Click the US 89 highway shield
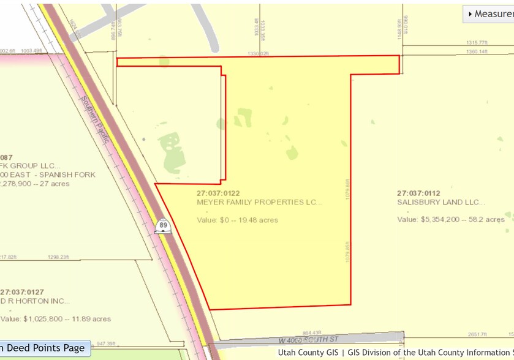tap(163, 225)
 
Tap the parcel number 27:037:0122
tap(222, 193)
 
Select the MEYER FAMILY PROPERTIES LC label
tap(259, 201)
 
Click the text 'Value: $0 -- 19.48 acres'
tap(237, 220)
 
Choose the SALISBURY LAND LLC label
tap(440, 201)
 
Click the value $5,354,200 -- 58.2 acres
tap(451, 219)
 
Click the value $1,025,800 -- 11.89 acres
tap(56, 318)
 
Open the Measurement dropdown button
tap(488, 13)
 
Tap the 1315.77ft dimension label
tap(476, 42)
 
